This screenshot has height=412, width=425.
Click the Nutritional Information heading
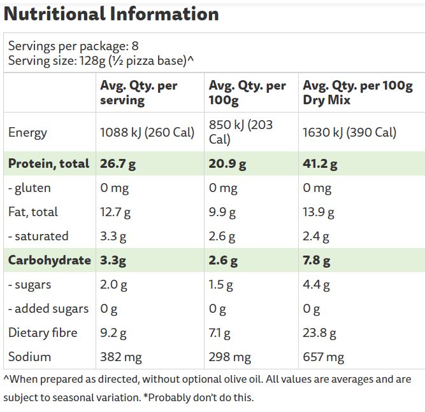(112, 13)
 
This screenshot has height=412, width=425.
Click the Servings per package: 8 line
(73, 46)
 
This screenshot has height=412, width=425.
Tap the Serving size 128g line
(101, 61)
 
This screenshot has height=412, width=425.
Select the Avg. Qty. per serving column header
(139, 93)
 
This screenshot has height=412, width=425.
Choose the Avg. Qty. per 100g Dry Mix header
(357, 93)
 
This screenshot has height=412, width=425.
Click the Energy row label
(27, 132)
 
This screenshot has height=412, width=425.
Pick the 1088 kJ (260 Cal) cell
(147, 132)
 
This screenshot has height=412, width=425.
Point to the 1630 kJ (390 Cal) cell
(349, 132)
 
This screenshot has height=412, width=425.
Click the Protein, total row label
(49, 163)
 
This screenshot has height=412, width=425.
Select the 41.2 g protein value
(320, 164)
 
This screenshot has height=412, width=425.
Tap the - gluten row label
(29, 188)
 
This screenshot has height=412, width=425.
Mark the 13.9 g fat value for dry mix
(318, 212)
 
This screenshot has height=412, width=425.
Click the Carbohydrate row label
(50, 260)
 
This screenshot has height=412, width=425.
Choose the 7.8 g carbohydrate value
(317, 261)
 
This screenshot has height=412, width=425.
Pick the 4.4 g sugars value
(316, 285)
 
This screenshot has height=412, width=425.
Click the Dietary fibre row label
(43, 333)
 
